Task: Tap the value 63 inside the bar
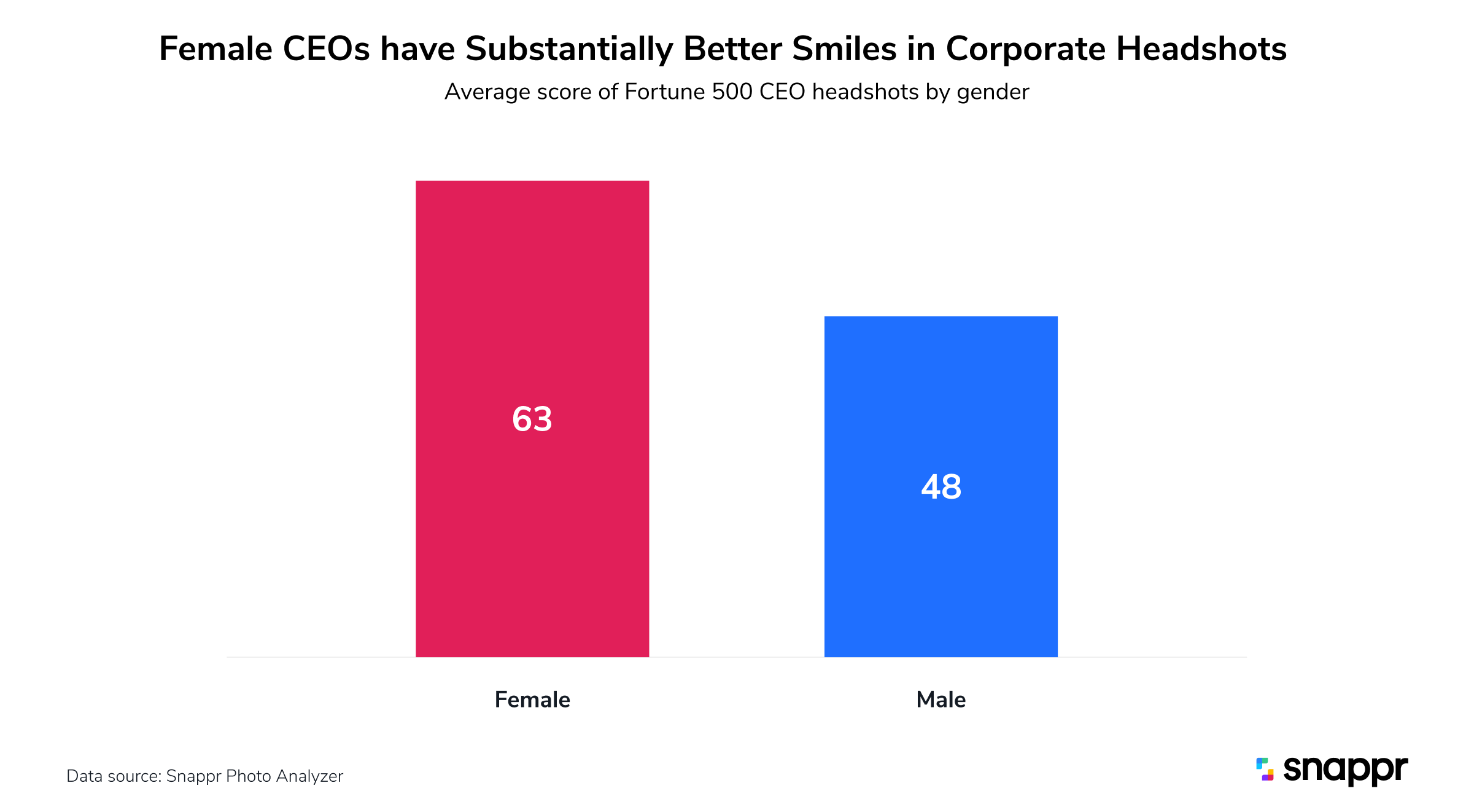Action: pyautogui.click(x=532, y=419)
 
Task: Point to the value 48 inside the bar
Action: pyautogui.click(x=941, y=487)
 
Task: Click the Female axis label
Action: pyautogui.click(x=532, y=700)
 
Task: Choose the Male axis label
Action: pyautogui.click(x=941, y=700)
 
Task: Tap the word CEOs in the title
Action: pyautogui.click(x=326, y=49)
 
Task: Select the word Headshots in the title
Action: pyautogui.click(x=1201, y=49)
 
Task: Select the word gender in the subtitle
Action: pyautogui.click(x=993, y=92)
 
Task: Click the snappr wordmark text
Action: pyautogui.click(x=1345, y=770)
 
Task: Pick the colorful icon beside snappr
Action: pyautogui.click(x=1265, y=770)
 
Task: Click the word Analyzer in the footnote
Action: pyautogui.click(x=309, y=776)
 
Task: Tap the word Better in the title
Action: pyautogui.click(x=732, y=49)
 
